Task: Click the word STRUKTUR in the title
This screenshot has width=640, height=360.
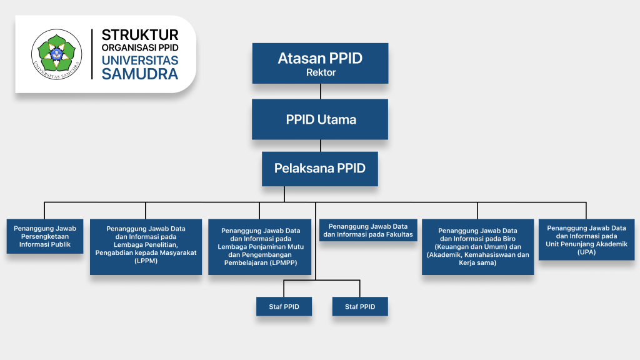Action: click(140, 35)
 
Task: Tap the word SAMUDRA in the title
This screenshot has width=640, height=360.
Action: click(140, 74)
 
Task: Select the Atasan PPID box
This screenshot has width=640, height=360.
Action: click(320, 63)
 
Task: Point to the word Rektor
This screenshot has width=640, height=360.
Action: click(321, 72)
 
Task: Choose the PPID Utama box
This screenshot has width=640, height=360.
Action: click(320, 119)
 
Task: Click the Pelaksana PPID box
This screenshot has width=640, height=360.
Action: click(320, 168)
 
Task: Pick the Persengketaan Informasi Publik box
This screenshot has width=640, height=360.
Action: click(45, 236)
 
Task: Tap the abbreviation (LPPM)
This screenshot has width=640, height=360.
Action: click(146, 261)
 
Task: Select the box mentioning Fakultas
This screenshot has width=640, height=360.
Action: click(367, 230)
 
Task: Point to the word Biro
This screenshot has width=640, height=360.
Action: click(499, 238)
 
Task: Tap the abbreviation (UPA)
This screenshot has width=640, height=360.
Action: click(586, 252)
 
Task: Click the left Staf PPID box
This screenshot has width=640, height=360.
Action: click(283, 306)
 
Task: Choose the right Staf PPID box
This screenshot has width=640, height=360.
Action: click(359, 306)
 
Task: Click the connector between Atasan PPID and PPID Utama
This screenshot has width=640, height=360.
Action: click(320, 91)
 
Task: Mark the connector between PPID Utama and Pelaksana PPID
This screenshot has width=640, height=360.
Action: click(320, 146)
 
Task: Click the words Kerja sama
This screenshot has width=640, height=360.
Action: click(477, 262)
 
